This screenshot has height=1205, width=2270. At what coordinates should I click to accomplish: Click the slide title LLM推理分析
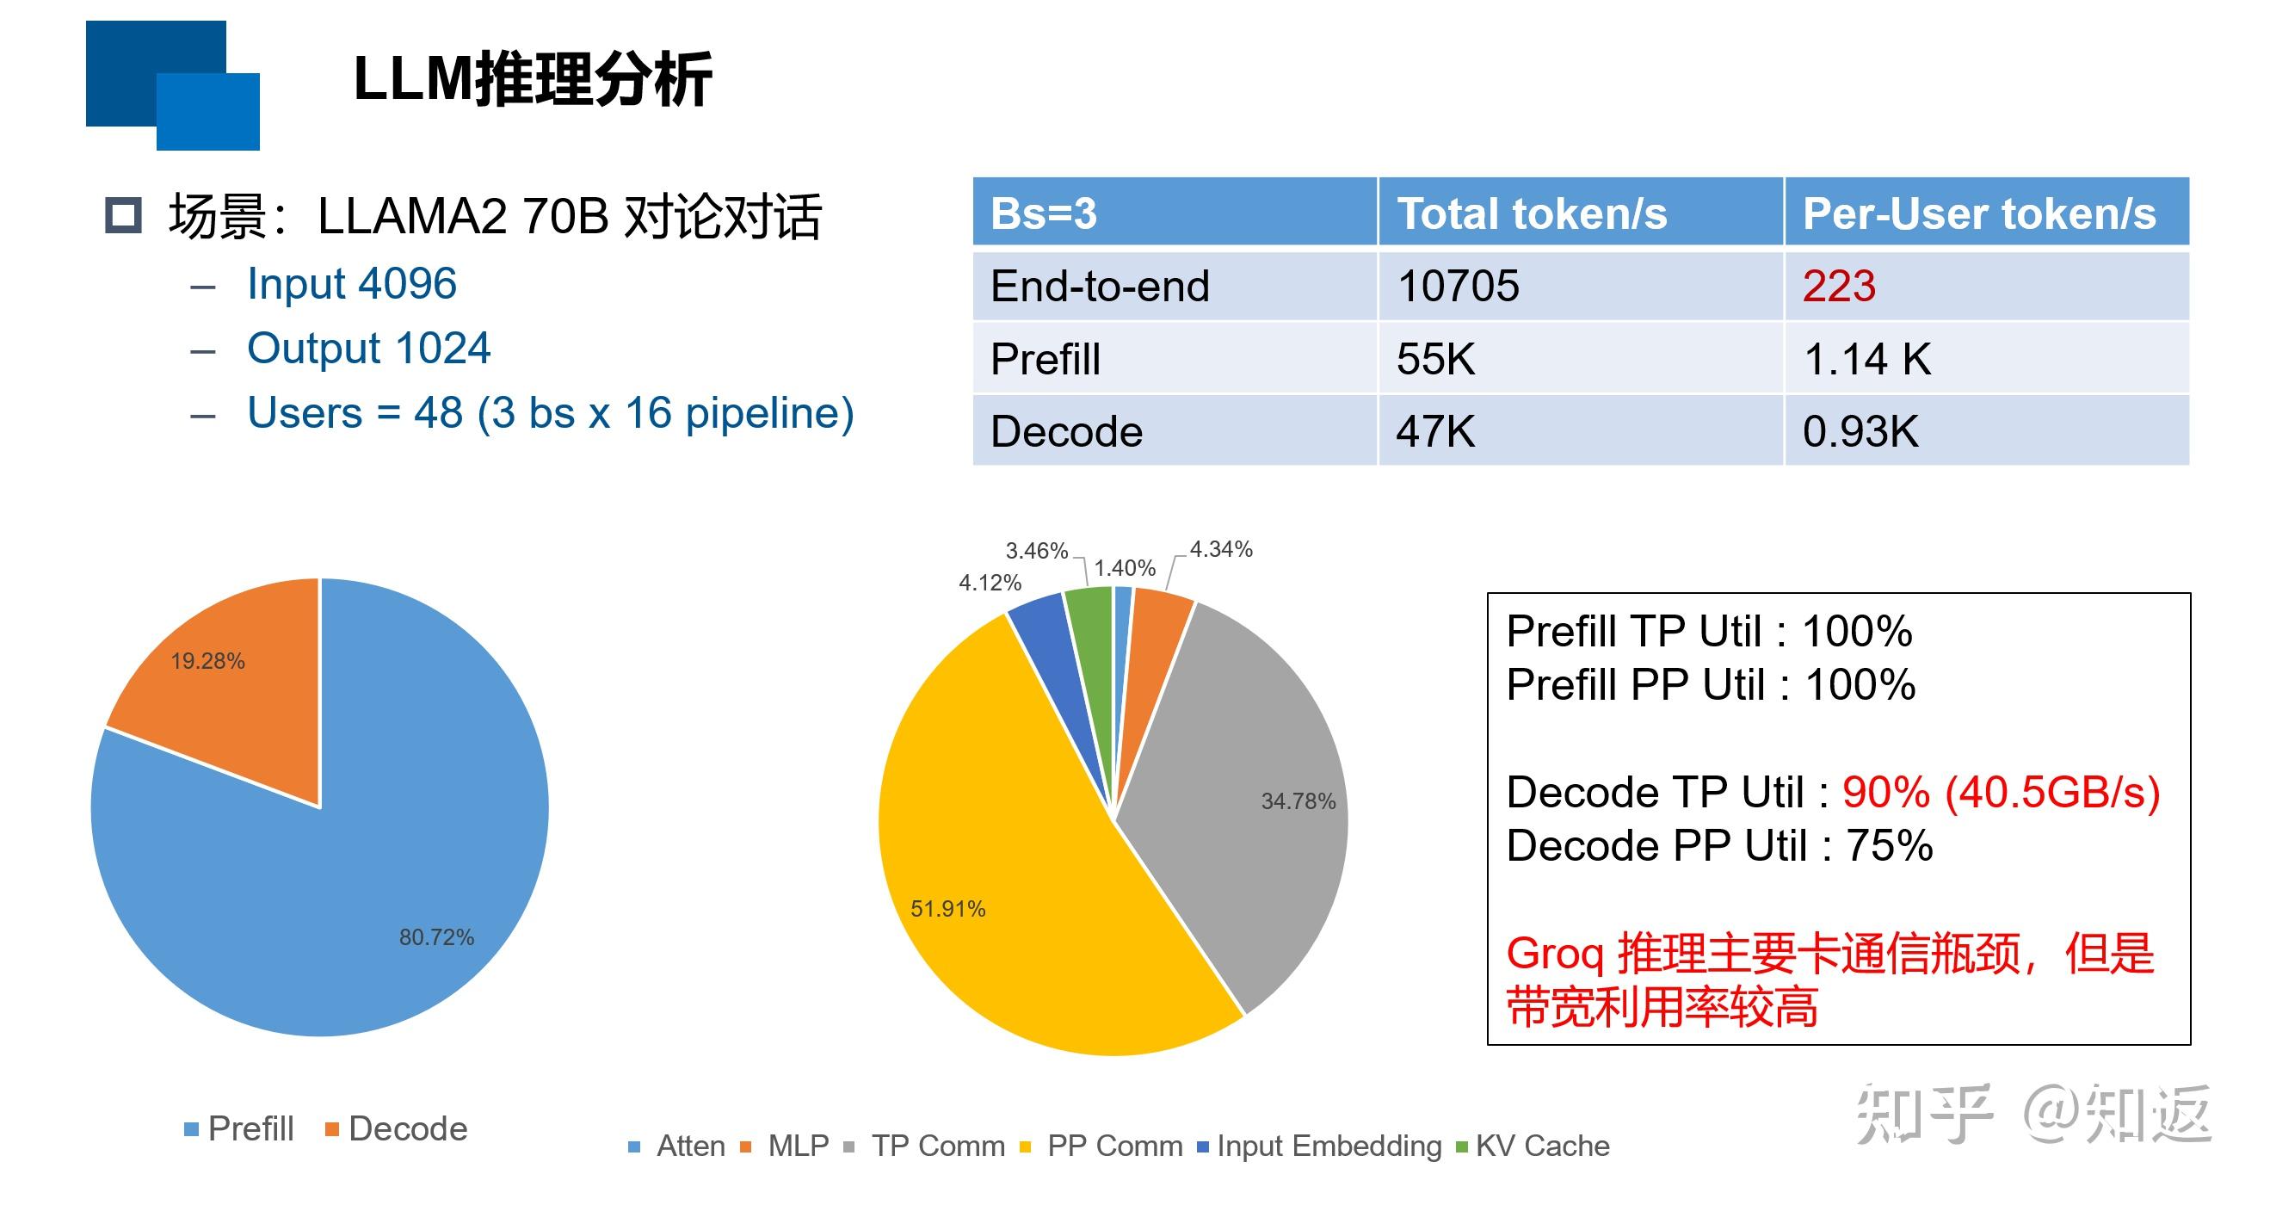[533, 79]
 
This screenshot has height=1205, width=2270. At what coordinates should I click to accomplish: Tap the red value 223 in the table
[1838, 287]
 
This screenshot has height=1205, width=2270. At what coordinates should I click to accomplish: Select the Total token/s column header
[1532, 214]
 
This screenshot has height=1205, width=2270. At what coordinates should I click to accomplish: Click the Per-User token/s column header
[1978, 214]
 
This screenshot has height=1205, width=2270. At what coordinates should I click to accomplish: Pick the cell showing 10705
[1458, 287]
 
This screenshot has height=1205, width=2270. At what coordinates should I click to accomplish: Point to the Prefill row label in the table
[1046, 360]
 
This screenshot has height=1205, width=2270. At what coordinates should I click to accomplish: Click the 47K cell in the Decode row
[1434, 432]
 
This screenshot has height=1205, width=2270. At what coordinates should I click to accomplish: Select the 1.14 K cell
[1866, 360]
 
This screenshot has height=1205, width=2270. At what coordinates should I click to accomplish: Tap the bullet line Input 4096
[351, 284]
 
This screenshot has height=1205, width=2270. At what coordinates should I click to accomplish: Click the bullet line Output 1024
[368, 349]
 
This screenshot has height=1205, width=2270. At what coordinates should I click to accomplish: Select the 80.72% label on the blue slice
[436, 937]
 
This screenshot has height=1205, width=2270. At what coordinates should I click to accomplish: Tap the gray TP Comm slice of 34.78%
[1251, 794]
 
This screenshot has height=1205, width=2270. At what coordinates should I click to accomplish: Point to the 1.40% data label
[1125, 569]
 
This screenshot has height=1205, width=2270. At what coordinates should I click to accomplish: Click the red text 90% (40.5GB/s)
[2001, 792]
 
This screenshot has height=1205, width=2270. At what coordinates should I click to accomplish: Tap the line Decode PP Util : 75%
[1718, 845]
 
